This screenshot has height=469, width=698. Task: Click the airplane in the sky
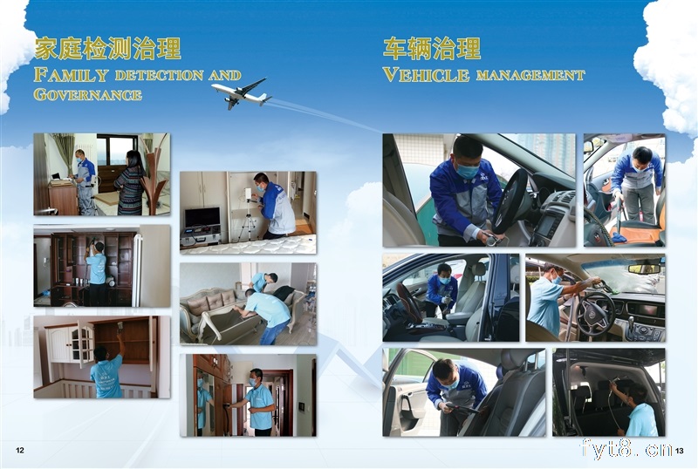pyautogui.click(x=242, y=93)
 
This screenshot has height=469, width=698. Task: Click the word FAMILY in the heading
pyautogui.click(x=72, y=75)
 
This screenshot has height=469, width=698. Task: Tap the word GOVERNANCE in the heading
pyautogui.click(x=88, y=94)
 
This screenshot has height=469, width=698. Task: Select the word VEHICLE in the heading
pyautogui.click(x=426, y=75)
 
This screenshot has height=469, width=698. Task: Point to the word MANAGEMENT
pyautogui.click(x=530, y=76)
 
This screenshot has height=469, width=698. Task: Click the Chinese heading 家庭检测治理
pyautogui.click(x=107, y=49)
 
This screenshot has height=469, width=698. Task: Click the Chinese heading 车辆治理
pyautogui.click(x=432, y=49)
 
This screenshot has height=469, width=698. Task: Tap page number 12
pyautogui.click(x=20, y=451)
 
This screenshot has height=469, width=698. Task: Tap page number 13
pyautogui.click(x=679, y=451)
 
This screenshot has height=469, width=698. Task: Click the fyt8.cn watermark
pyautogui.click(x=626, y=448)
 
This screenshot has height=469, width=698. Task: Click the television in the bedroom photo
pyautogui.click(x=202, y=218)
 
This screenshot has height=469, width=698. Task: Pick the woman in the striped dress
pyautogui.click(x=129, y=183)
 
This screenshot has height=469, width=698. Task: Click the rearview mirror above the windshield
pyautogui.click(x=644, y=268)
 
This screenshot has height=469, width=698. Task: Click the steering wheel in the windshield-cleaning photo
pyautogui.click(x=596, y=312)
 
